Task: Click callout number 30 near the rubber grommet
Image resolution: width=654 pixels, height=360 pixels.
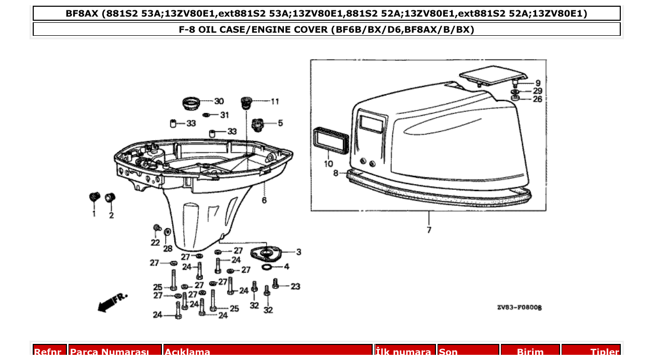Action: tap(219, 101)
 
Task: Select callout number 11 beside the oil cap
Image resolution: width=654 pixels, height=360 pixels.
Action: tap(275, 101)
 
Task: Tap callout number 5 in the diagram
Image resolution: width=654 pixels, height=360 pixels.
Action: tap(280, 123)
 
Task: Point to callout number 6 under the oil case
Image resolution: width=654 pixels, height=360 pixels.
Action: tap(264, 200)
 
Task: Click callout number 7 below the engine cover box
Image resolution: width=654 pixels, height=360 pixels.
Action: tap(429, 230)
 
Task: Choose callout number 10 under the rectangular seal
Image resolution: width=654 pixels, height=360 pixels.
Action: tap(329, 164)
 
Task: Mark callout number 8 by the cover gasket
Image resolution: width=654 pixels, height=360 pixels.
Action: tap(336, 173)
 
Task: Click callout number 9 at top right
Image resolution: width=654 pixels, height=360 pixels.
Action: tap(538, 82)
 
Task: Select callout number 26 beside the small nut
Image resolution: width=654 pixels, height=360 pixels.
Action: tap(538, 99)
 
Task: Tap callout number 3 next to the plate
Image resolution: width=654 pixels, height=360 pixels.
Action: tap(298, 252)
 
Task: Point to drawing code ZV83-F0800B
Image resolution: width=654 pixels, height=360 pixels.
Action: tap(519, 308)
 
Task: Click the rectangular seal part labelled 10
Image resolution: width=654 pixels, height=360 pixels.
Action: tap(327, 140)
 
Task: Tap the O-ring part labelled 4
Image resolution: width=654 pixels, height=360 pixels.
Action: tap(266, 267)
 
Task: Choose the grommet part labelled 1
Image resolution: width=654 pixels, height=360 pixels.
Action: tap(94, 197)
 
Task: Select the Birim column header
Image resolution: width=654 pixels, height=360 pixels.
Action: tap(530, 352)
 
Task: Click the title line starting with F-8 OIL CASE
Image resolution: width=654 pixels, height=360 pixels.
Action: tap(326, 30)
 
